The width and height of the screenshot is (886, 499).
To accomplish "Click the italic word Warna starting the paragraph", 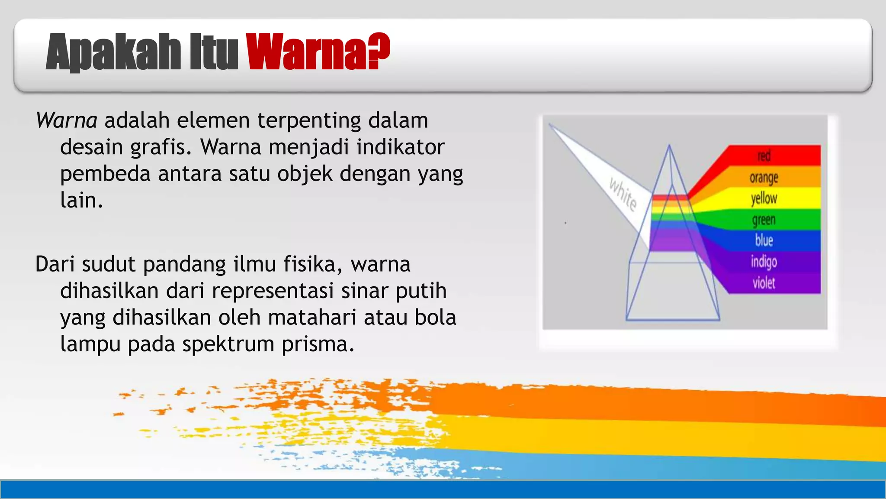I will pos(67,120).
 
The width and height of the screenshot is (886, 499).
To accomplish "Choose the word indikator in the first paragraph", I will pos(400,147).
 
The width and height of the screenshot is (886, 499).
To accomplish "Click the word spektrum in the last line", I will pos(228,345).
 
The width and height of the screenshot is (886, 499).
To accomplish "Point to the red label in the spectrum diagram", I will pos(764,156).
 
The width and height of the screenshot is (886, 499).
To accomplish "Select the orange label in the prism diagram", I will pos(764,177).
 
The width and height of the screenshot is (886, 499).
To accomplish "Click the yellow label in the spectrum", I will pos(764,198).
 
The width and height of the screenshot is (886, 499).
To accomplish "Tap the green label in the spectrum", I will pos(764,220).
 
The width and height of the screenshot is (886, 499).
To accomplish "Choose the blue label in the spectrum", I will pos(764,240).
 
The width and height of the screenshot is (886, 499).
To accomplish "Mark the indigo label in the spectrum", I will pos(764,262).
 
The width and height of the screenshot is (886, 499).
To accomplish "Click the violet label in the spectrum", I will pos(764,283).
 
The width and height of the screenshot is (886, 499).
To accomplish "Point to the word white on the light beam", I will pos(623,194).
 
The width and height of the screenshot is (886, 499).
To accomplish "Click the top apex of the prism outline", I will pos(669,146).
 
